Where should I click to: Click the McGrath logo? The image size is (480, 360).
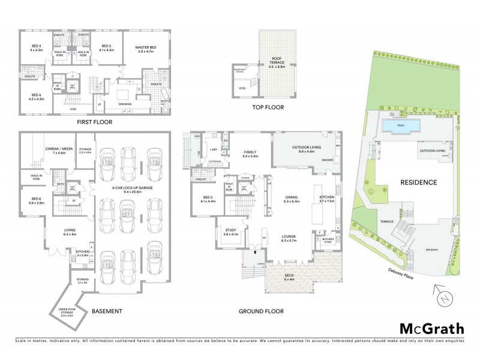433,328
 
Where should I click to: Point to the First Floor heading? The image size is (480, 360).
95,121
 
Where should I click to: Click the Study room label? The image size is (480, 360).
231,232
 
